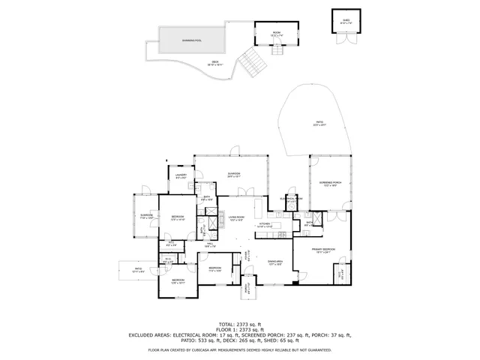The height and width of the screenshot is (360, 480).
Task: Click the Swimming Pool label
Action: (192, 40)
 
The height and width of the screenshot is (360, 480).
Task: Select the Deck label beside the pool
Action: (215, 64)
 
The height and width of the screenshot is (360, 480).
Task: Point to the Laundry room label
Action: (181, 176)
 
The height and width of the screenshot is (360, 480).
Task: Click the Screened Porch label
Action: (331, 184)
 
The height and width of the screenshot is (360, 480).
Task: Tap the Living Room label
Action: (237, 219)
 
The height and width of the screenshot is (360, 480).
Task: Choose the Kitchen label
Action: (264, 223)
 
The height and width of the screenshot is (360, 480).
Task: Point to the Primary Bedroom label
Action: (324, 250)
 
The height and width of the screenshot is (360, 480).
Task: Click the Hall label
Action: (211, 244)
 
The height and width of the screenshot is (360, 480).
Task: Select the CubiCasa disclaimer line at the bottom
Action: (240, 350)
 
